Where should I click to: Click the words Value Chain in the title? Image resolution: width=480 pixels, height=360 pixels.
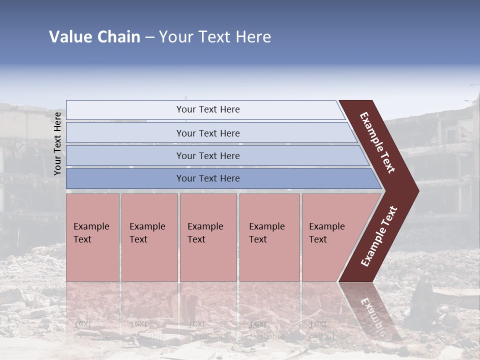point(94,37)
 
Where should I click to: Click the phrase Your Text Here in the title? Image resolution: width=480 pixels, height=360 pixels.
point(214,37)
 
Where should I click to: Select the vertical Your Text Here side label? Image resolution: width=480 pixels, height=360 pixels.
point(57,143)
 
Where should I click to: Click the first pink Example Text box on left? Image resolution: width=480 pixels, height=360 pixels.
point(92,237)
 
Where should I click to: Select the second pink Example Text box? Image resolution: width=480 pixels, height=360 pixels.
point(149,237)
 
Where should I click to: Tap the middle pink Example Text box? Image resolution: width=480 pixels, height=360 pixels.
point(208,237)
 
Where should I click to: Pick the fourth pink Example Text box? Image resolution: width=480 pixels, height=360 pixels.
point(269,237)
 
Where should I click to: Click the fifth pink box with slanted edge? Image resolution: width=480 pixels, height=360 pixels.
point(330,237)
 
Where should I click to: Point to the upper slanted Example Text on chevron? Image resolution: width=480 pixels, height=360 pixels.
point(378,142)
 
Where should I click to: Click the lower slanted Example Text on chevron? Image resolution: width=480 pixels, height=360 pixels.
point(379,236)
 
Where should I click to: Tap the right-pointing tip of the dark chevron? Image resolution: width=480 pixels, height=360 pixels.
point(415,191)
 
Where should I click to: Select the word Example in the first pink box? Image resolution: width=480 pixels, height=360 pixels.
point(91,226)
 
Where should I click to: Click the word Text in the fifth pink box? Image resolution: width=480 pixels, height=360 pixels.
point(318,239)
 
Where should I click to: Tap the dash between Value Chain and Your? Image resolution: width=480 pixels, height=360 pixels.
point(149,37)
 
